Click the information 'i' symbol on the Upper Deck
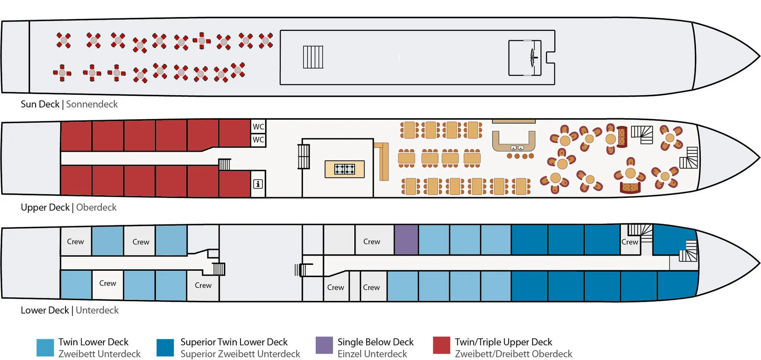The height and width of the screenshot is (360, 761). point(258,184)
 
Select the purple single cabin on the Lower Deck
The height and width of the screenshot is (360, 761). point(406,239)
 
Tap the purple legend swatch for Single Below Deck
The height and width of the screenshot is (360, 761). point(324,345)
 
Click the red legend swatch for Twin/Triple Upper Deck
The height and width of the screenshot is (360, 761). point(442,345)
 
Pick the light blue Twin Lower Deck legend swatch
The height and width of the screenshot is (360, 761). point(45,348)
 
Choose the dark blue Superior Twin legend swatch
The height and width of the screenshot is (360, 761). point(165,348)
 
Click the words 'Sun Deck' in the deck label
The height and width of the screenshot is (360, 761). point(40,104)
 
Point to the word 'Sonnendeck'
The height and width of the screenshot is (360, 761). point(92,104)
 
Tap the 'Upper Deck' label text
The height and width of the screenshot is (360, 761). point(45,207)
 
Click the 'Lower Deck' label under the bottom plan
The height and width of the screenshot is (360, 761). point(45,310)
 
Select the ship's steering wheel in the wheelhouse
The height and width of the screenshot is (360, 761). point(533,58)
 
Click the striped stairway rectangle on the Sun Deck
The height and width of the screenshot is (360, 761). point(313,57)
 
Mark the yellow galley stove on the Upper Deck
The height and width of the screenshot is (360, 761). point(344,169)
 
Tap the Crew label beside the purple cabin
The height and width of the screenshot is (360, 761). point(372,241)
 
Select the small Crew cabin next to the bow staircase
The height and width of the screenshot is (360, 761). point(630,242)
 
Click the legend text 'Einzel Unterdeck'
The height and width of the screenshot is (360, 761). point(372,354)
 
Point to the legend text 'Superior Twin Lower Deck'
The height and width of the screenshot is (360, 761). point(234,342)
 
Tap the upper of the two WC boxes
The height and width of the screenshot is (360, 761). point(258,126)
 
